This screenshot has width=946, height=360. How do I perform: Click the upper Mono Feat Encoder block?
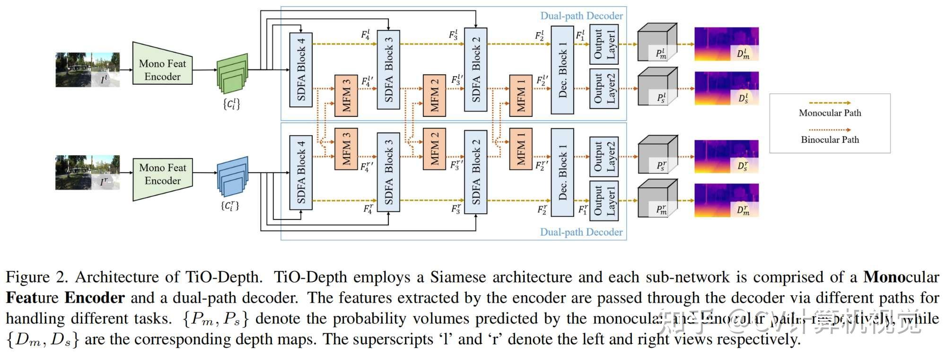pos(162,70)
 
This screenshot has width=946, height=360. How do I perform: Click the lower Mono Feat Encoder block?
pos(162,174)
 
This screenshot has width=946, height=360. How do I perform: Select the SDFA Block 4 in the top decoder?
pos(301,70)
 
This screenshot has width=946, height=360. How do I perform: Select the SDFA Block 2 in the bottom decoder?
pos(476,172)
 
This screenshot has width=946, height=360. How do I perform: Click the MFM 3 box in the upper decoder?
pos(346,96)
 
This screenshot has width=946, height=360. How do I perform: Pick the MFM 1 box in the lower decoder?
pos(521,149)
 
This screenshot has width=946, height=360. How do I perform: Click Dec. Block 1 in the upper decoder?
pos(562,70)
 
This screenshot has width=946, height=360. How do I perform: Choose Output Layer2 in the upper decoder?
pos(604,88)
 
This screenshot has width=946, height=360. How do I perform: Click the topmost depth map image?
pos(726,44)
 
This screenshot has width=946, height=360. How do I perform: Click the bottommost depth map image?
pos(726,201)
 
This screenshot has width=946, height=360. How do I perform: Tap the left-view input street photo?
pos(88,70)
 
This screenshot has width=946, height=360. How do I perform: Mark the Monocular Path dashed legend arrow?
pos(830,103)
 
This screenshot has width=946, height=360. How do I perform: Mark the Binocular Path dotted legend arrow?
pos(830,130)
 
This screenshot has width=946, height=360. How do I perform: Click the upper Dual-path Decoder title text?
pos(581,16)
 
